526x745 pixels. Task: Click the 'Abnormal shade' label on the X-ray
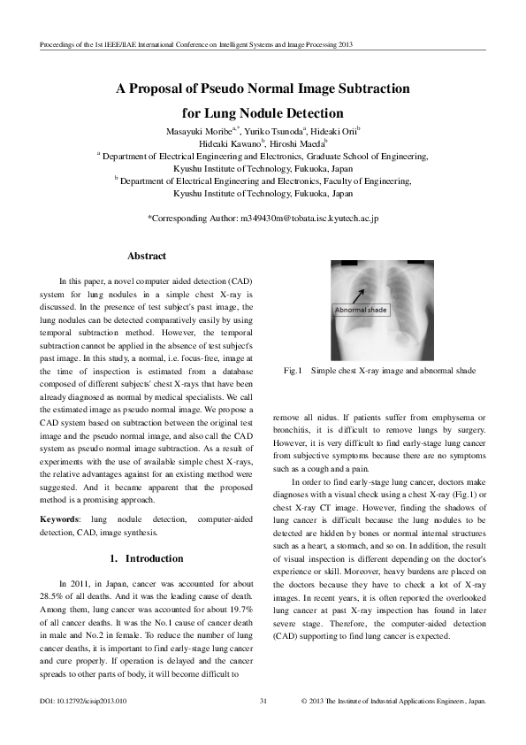(x=361, y=310)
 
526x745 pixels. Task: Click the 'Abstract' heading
(x=147, y=256)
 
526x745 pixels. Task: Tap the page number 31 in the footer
(x=263, y=701)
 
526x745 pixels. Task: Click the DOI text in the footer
(x=84, y=701)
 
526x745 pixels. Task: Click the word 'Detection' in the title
(x=311, y=112)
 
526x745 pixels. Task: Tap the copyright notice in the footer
(x=393, y=701)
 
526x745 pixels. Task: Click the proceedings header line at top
(x=190, y=42)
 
